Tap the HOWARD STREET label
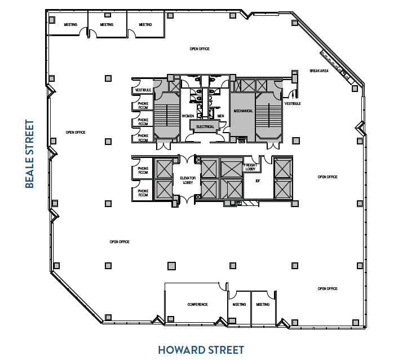tap(201, 350)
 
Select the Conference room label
tap(197, 305)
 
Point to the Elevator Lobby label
tap(187, 180)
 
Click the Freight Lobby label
tap(250, 168)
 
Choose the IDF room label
tap(258, 181)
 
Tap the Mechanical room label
tap(243, 111)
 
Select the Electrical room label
tap(205, 126)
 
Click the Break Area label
tap(319, 71)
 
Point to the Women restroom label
tap(188, 116)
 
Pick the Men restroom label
tap(220, 116)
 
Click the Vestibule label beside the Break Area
tap(293, 104)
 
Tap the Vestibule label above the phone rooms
tap(142, 90)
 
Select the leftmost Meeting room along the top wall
tap(70, 25)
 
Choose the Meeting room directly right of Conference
tap(239, 305)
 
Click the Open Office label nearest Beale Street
tap(75, 132)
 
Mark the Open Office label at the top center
tap(199, 49)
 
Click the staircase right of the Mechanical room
tap(269, 116)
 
